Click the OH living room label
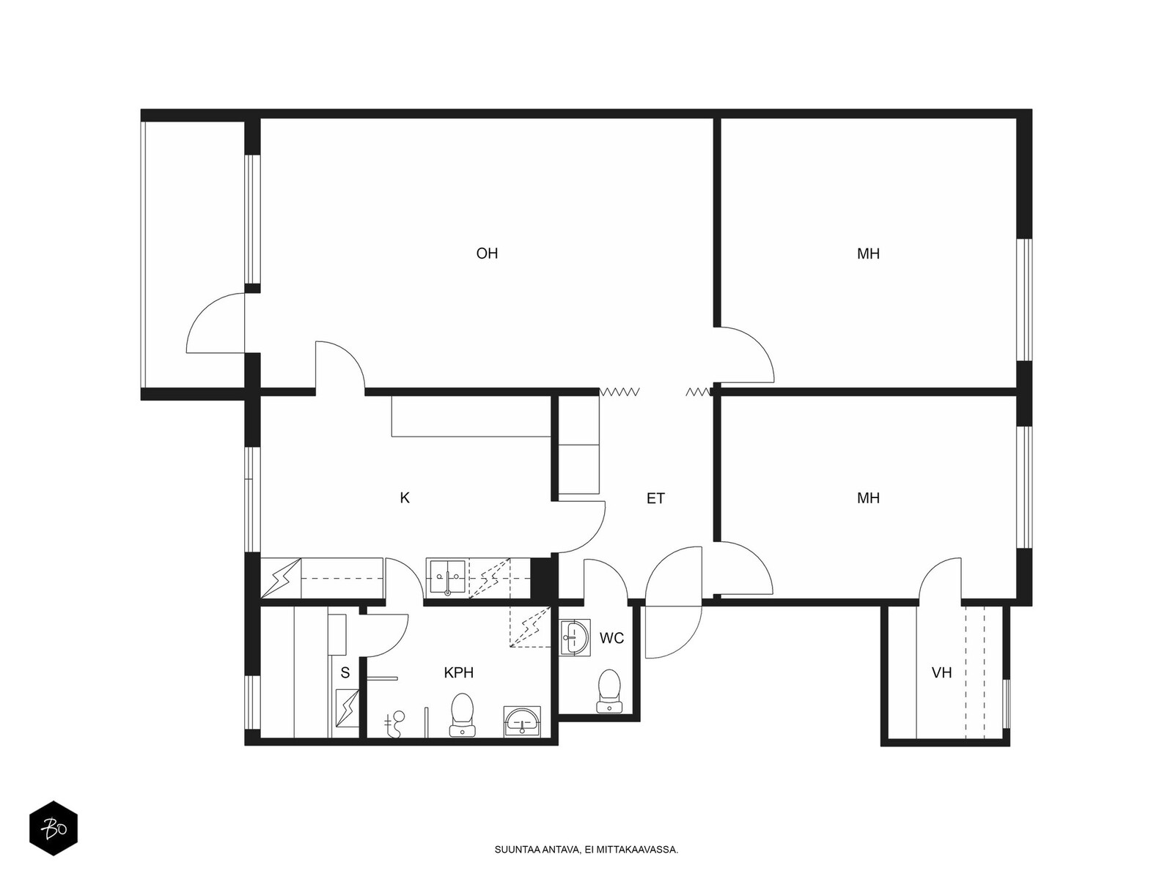[487, 253]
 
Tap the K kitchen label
[405, 498]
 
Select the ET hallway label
[655, 499]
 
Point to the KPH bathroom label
[458, 672]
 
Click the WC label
[612, 638]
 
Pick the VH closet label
[941, 672]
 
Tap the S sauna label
[345, 673]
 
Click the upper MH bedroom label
[869, 253]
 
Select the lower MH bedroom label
[869, 498]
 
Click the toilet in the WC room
[609, 691]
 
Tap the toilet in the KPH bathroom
[463, 715]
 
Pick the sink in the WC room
[575, 637]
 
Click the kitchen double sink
[447, 578]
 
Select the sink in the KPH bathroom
[522, 722]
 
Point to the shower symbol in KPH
[394, 724]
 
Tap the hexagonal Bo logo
[54, 828]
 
